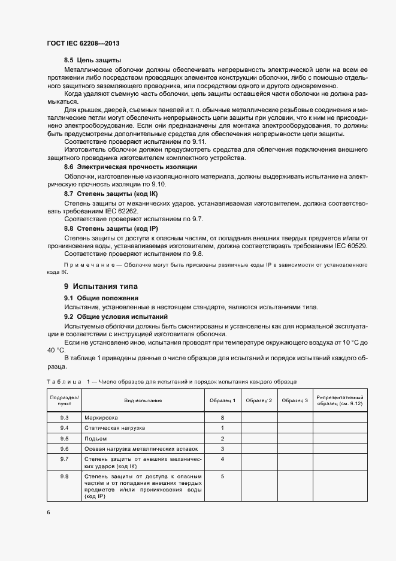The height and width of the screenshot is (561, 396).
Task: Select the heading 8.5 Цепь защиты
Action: click(x=93, y=61)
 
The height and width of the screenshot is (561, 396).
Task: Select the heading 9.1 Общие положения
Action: click(x=101, y=298)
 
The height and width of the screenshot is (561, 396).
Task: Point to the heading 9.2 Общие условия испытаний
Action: click(x=116, y=316)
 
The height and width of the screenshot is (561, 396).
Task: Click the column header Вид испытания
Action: click(x=143, y=400)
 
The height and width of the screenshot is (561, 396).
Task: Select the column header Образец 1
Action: click(x=222, y=400)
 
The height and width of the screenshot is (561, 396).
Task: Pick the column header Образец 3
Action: click(x=295, y=400)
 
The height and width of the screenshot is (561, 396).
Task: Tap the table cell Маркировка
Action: click(x=101, y=417)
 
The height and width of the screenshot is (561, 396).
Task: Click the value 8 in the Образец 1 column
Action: click(x=222, y=417)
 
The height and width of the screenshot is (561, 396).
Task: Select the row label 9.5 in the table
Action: click(x=65, y=438)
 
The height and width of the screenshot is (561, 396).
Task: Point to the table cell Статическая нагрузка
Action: click(x=115, y=427)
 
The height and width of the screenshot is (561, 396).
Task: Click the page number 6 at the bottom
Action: click(x=49, y=512)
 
